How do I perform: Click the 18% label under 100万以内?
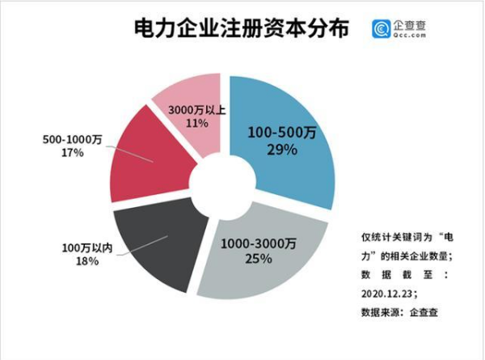tap(87, 261)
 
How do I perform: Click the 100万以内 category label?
tap(90, 247)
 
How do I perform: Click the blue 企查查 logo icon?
tap(381, 29)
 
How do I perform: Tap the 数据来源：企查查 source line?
tap(399, 311)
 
